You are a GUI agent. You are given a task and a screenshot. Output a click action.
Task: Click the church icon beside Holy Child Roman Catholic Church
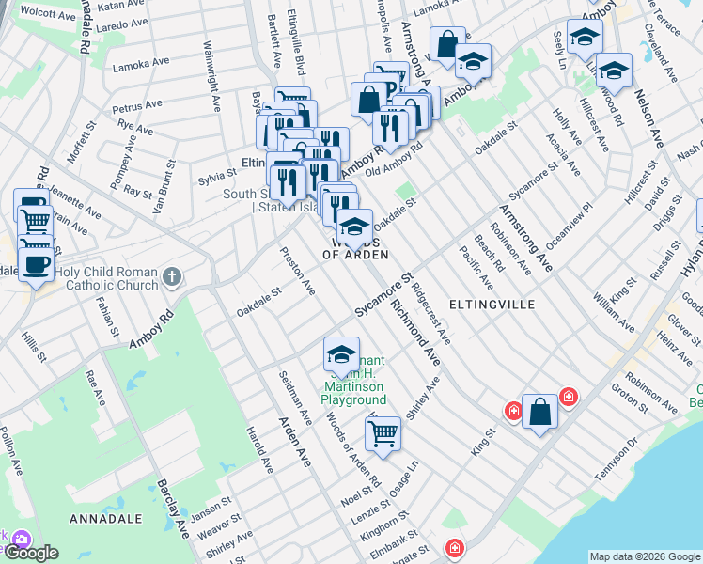point(170,276)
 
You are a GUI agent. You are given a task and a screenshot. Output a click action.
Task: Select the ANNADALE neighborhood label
point(105,519)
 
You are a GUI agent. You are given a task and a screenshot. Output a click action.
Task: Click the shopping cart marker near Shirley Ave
point(383,434)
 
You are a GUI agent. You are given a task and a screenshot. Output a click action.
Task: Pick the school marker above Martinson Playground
point(341,354)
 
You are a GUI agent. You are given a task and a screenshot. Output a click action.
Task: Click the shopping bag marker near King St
point(539,411)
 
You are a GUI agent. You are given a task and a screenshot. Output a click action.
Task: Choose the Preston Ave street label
point(298,271)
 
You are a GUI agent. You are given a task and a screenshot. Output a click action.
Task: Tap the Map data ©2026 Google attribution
point(644,556)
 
